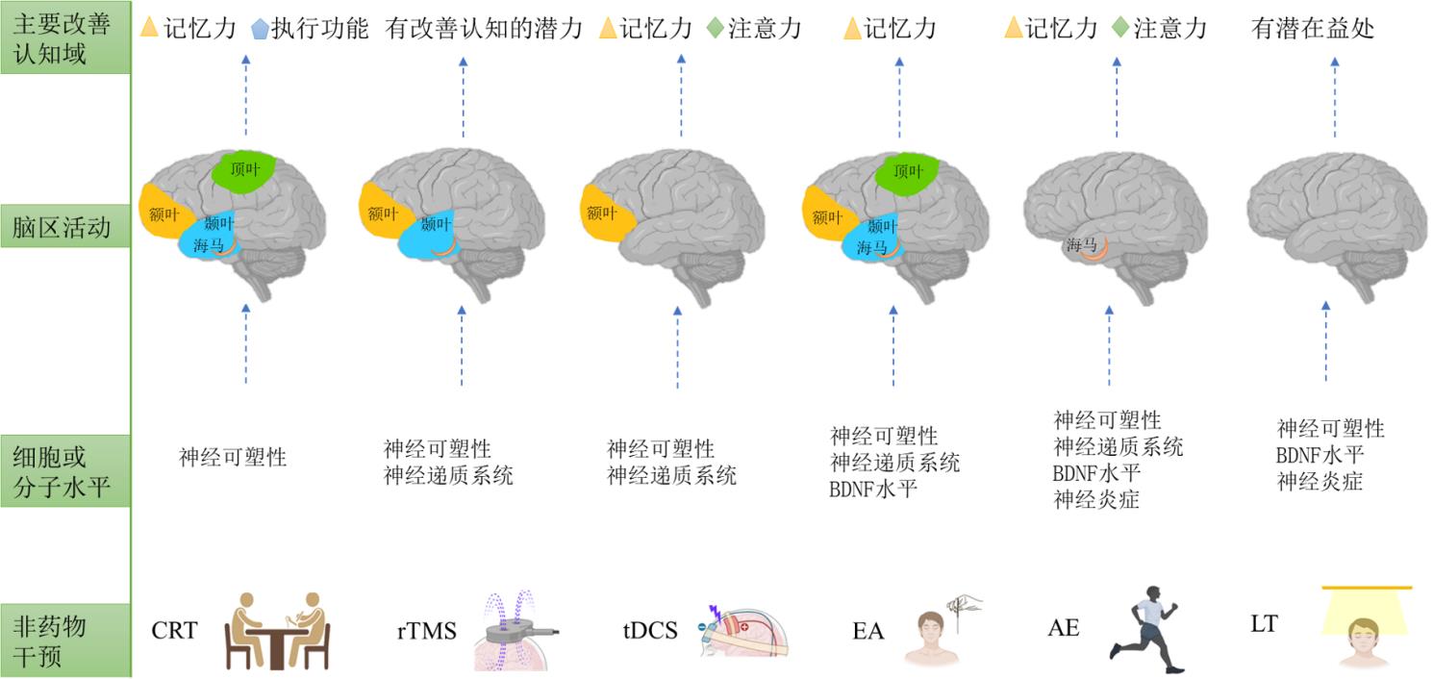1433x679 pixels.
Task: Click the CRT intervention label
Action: [x=174, y=631]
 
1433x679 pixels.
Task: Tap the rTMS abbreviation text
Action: [x=426, y=631]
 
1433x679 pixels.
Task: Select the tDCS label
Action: [x=650, y=631]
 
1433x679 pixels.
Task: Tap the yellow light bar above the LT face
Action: [x=1367, y=588]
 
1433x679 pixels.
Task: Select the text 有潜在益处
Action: [x=1313, y=28]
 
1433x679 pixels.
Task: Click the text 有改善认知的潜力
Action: [x=484, y=28]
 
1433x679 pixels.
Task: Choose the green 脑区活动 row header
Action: [x=64, y=228]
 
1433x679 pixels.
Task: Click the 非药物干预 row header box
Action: [x=64, y=641]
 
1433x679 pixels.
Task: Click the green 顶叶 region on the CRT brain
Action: [x=247, y=172]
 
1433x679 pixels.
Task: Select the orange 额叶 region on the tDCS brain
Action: [x=601, y=213]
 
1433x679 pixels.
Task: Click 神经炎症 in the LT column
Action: [x=1320, y=482]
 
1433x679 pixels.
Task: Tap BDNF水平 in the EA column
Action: [x=872, y=489]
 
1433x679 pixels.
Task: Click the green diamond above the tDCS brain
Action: [x=715, y=28]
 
